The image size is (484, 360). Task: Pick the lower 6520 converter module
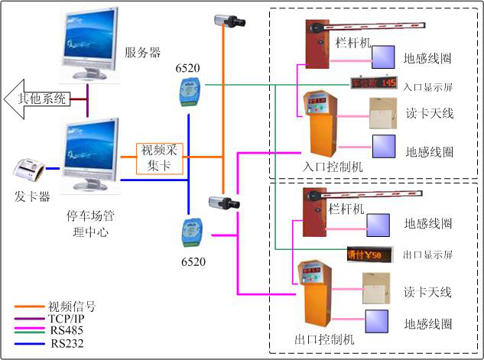[x=187, y=231]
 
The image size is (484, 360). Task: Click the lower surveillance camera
[x=225, y=203]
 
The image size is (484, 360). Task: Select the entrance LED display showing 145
[x=373, y=83]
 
